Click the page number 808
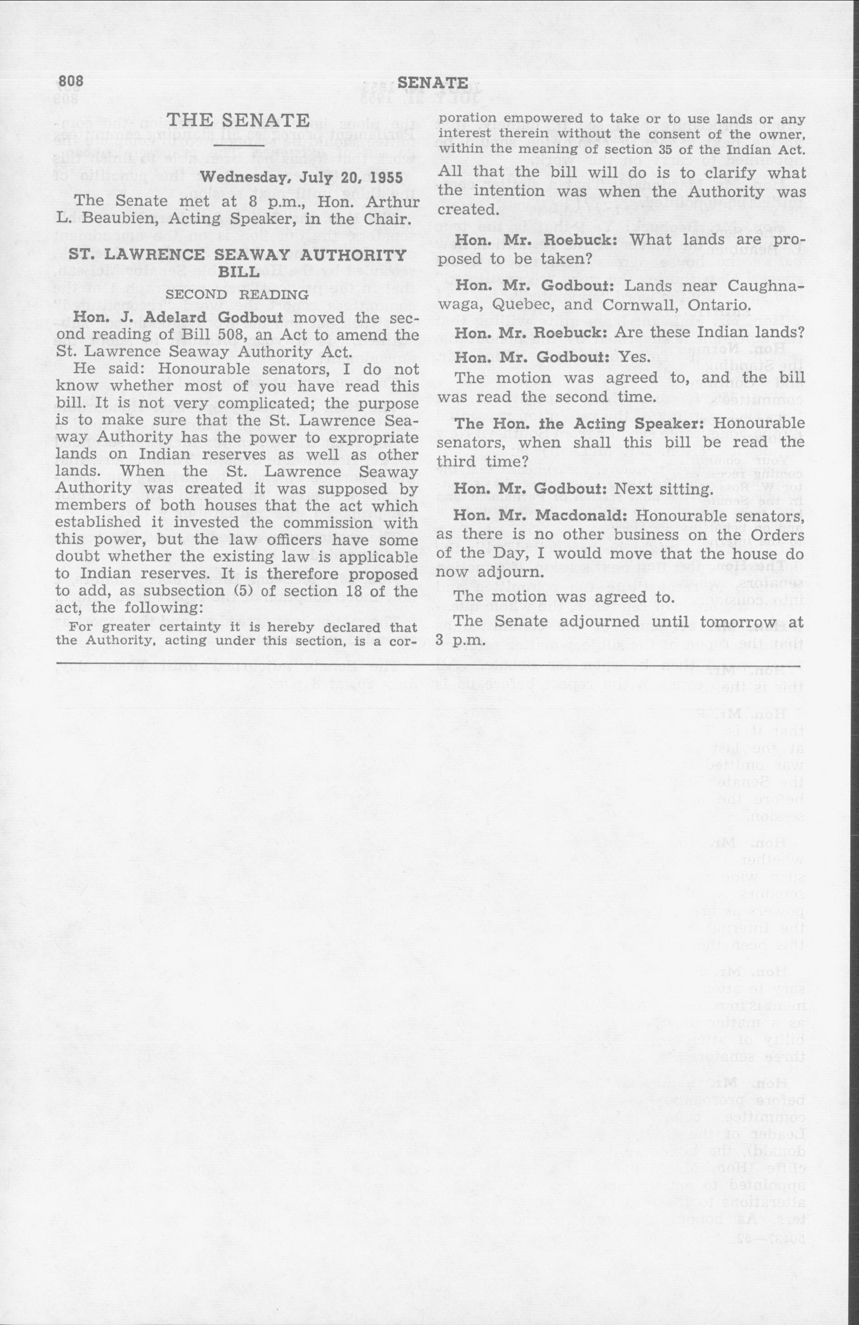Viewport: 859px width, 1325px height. pyautogui.click(x=70, y=81)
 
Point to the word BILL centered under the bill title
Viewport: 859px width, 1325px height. pyautogui.click(x=238, y=272)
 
